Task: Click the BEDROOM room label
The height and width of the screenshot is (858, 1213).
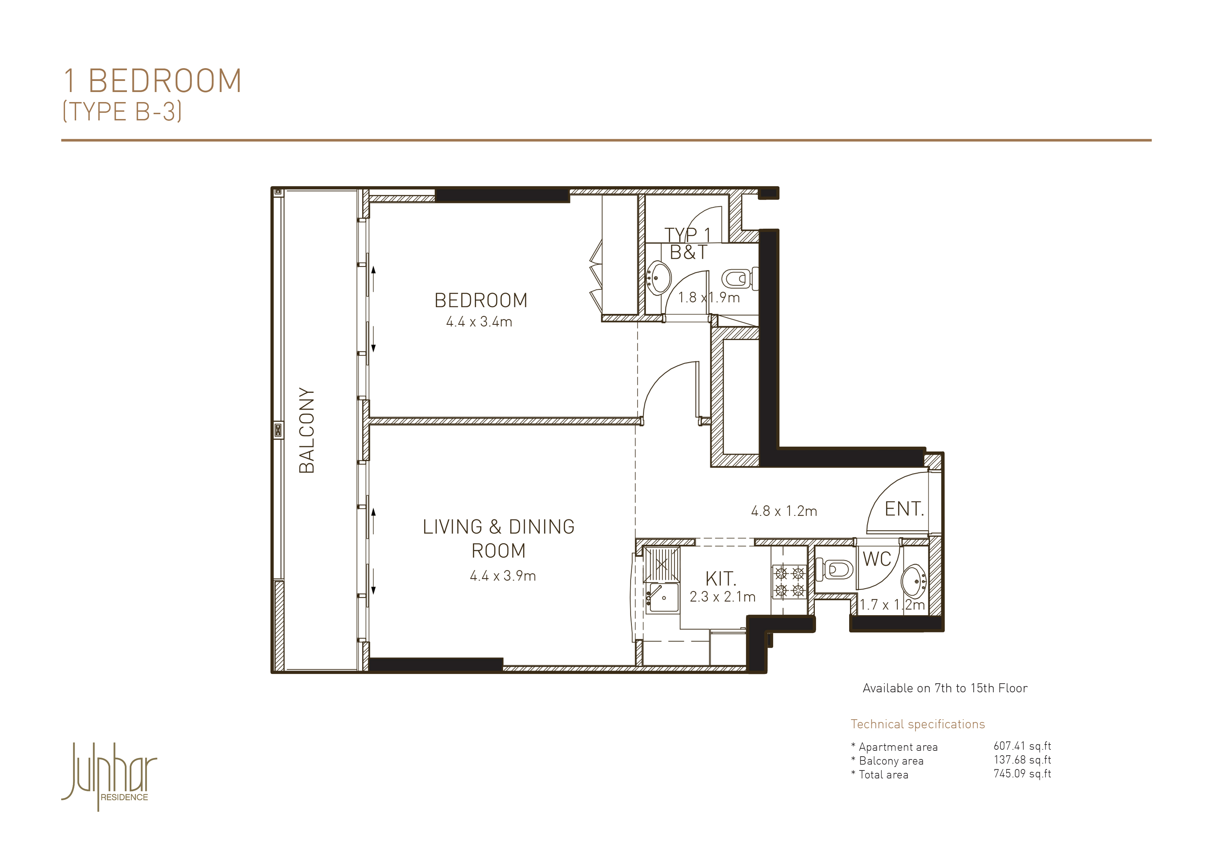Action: [481, 300]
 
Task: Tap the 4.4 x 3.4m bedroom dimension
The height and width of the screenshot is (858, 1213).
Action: [479, 321]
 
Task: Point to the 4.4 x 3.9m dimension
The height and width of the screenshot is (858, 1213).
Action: [503, 576]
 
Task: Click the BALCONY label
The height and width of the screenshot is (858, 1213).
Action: [306, 430]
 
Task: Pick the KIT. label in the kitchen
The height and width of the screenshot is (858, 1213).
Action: [721, 579]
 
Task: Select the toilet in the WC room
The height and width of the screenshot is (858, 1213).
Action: [835, 570]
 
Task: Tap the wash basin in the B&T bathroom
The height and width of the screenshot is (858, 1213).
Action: [658, 277]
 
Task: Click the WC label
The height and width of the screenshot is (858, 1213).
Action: [877, 559]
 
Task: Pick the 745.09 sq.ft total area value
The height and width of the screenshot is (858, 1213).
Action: [1022, 774]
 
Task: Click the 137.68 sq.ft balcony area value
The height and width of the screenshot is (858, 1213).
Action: [1022, 760]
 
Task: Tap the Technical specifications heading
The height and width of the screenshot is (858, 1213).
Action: [918, 724]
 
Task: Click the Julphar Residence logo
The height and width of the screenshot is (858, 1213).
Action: [109, 776]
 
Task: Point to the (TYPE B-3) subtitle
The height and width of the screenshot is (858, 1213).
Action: [122, 111]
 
